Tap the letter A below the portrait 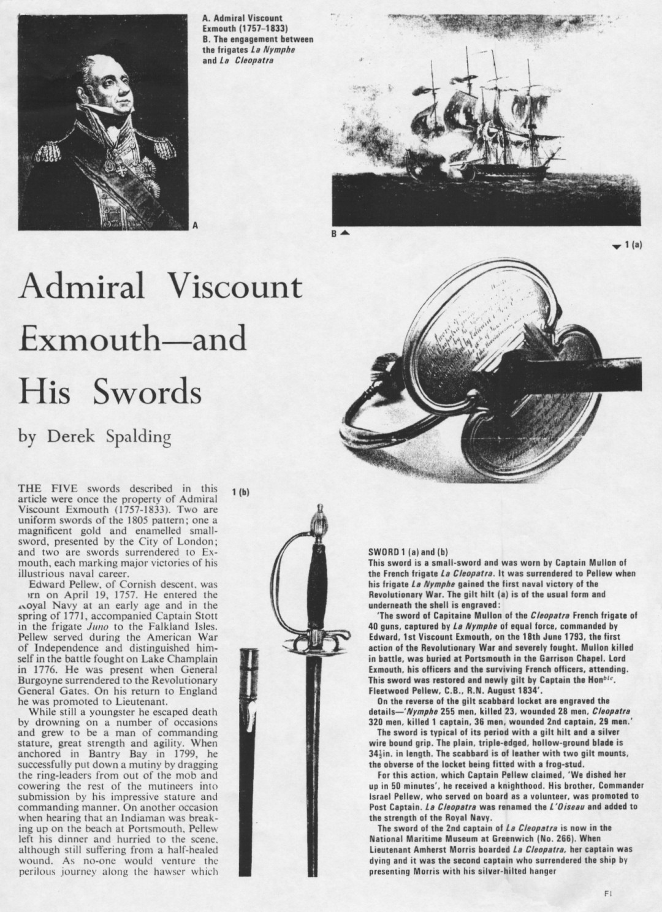pyautogui.click(x=195, y=225)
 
